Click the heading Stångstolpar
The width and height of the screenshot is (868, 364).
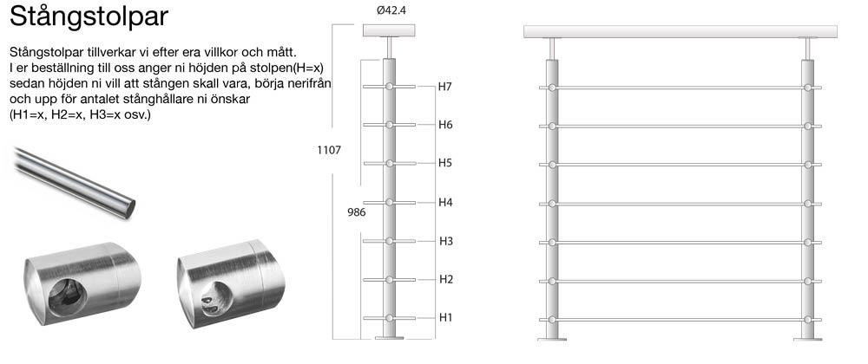[89, 16]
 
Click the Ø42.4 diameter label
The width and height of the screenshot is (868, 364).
[391, 10]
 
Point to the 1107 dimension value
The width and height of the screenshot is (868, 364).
[329, 150]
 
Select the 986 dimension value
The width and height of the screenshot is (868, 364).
[357, 211]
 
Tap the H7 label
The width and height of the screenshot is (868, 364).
[445, 87]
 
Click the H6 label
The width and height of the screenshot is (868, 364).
[445, 125]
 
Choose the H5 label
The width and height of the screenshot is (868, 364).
[445, 163]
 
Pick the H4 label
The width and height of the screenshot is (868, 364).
[445, 202]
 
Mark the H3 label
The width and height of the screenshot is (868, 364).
[446, 241]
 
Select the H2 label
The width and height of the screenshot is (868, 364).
[446, 279]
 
